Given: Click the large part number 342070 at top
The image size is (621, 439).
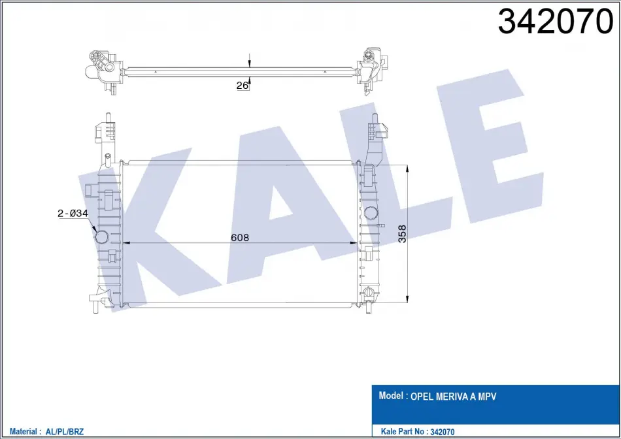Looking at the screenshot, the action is coord(555,22).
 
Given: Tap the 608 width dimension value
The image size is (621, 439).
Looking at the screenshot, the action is coord(240,237).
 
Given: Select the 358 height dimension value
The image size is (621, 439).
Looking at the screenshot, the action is coord(401,234).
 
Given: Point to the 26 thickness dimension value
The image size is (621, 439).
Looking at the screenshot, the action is coord(242,85).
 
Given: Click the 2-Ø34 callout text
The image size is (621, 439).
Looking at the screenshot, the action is coord(73,213).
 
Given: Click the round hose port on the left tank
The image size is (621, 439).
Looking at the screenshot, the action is coord(101,236).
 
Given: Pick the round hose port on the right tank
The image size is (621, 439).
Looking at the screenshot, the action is coord(371,212).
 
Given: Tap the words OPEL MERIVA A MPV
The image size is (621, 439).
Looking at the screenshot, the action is coord(453,397).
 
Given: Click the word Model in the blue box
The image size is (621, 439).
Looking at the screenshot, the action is coord(391,395).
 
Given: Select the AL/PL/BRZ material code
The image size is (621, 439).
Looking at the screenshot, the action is coord(65,431).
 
